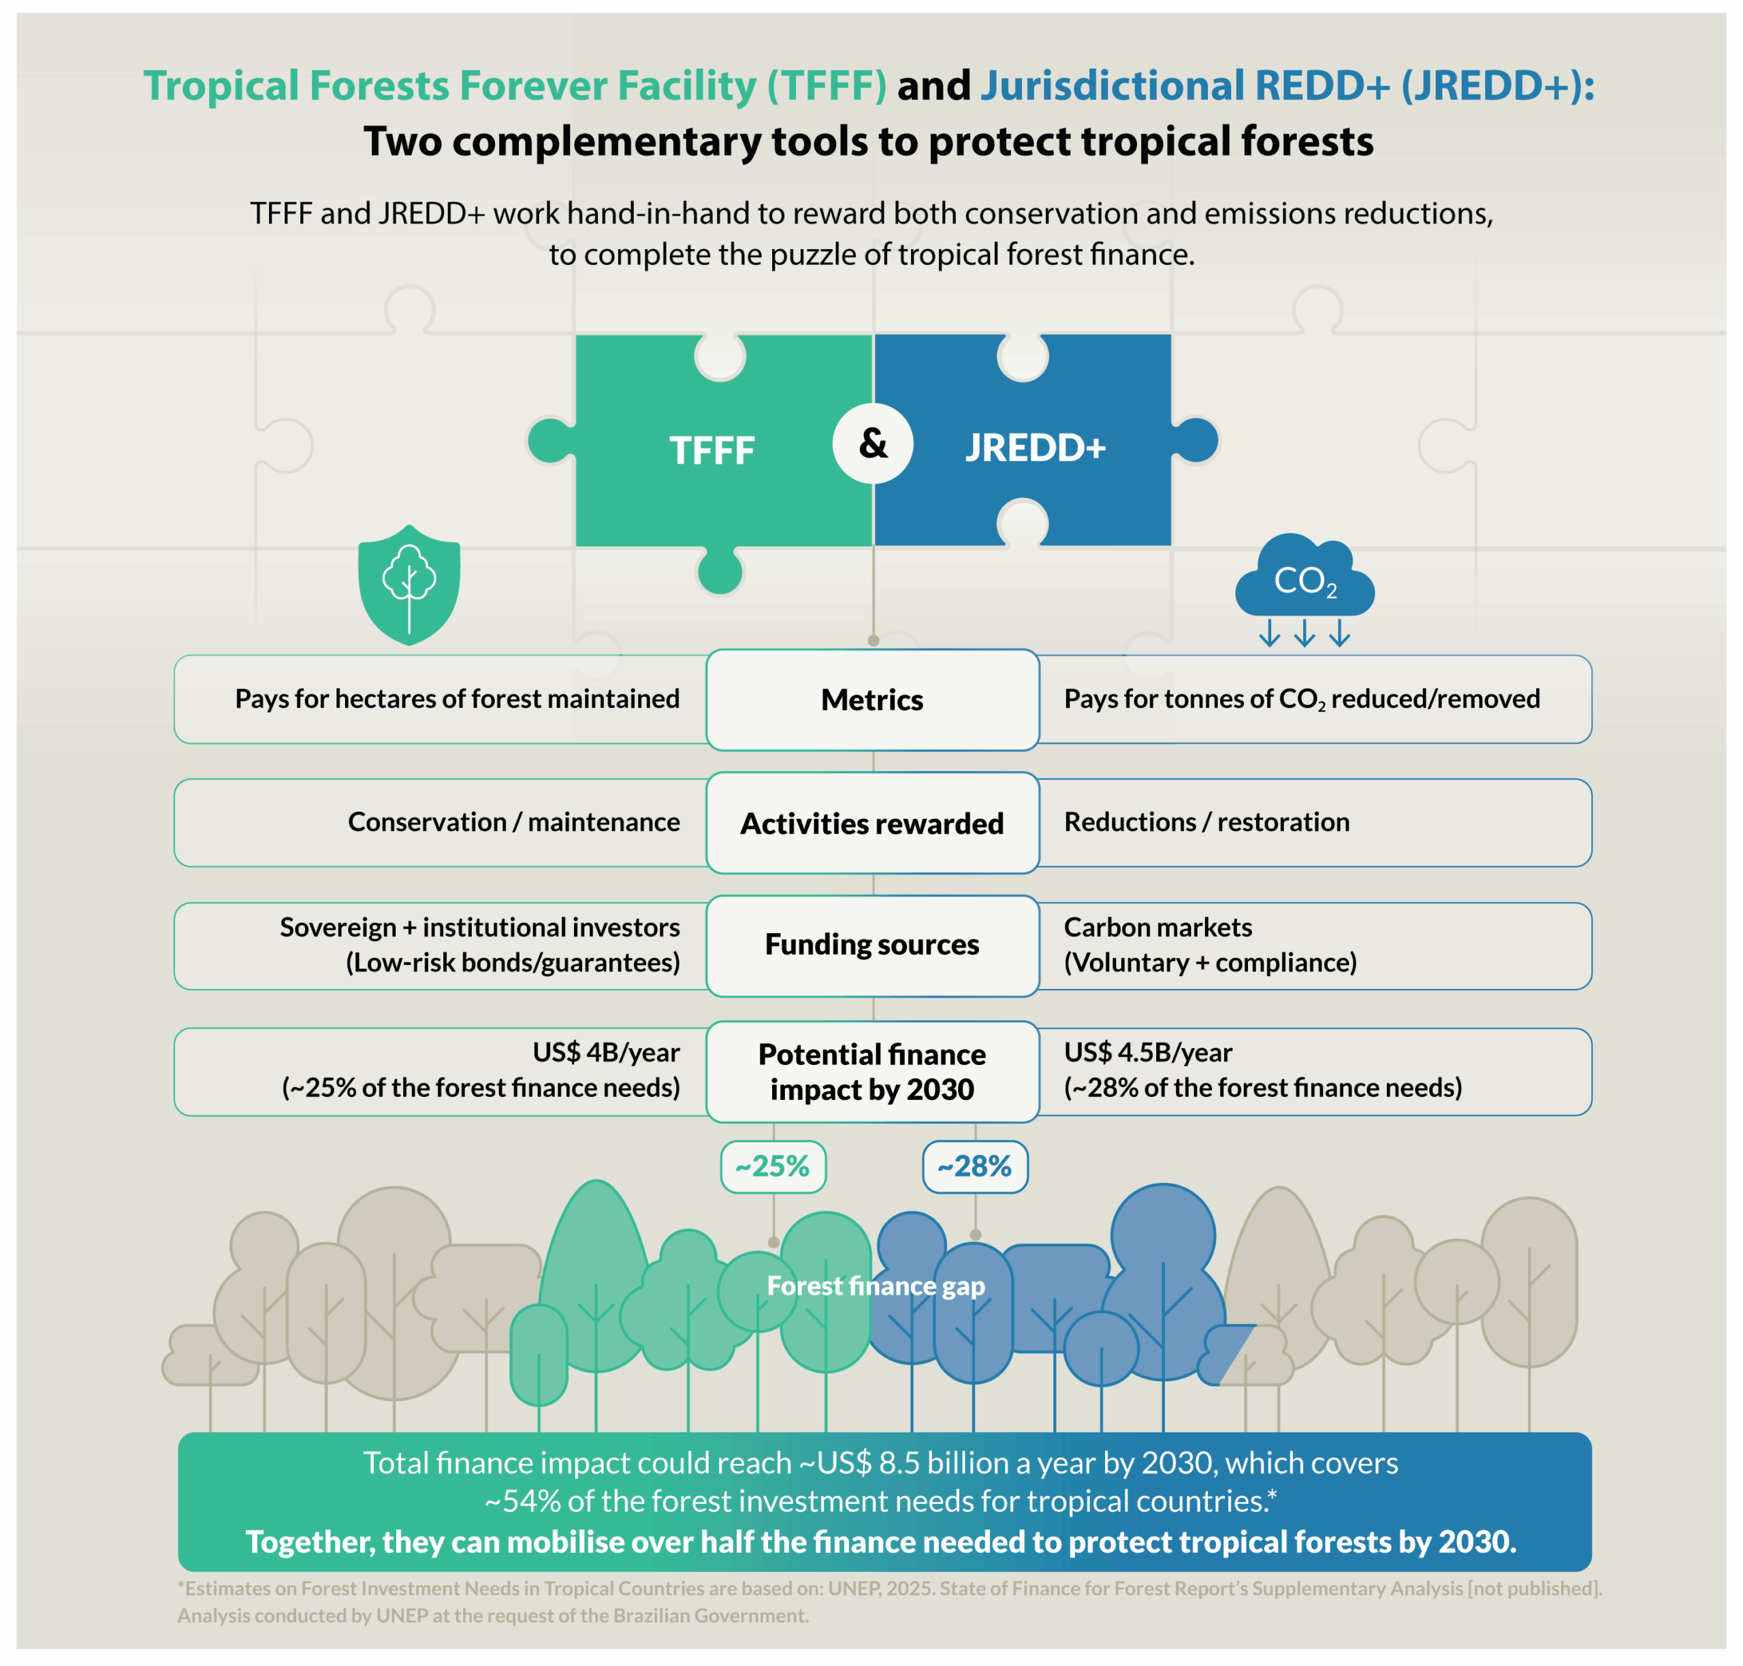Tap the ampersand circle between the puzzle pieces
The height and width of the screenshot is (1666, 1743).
click(872, 443)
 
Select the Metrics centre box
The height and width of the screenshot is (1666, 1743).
click(871, 700)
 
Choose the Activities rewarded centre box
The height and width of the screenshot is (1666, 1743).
click(871, 823)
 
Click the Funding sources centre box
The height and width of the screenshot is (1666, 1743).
click(871, 944)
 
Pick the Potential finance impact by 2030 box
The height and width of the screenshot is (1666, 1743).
click(871, 1071)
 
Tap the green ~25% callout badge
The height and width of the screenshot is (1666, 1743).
click(772, 1166)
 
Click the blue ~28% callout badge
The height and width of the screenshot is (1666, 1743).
click(974, 1166)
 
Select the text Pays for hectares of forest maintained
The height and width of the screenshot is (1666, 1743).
click(457, 699)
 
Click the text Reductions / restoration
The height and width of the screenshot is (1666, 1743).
click(1206, 821)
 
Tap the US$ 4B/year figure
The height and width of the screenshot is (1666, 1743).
click(606, 1052)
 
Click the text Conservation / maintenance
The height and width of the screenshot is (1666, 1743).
click(513, 821)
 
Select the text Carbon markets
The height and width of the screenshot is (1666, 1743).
click(1157, 927)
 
